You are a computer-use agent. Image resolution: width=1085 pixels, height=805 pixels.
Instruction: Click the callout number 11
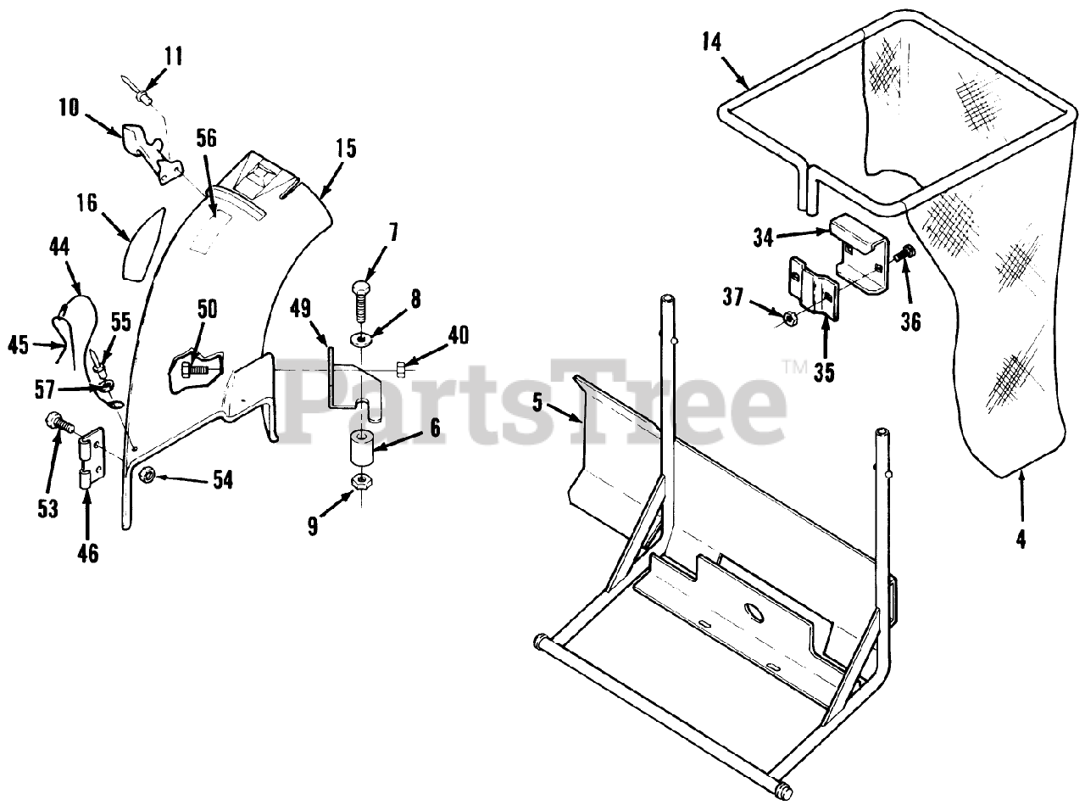(x=173, y=57)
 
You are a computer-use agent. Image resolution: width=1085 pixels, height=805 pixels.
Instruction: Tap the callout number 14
(x=712, y=42)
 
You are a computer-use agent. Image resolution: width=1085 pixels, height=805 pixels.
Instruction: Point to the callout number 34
(x=764, y=238)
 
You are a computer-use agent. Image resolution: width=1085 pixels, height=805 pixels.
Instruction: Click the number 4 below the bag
(x=1021, y=539)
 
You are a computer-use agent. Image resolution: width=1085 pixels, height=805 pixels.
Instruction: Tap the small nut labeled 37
(x=786, y=319)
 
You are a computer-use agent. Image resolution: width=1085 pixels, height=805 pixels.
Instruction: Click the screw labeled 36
(x=904, y=253)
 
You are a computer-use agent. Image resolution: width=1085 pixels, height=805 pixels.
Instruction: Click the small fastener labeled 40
(x=404, y=367)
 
